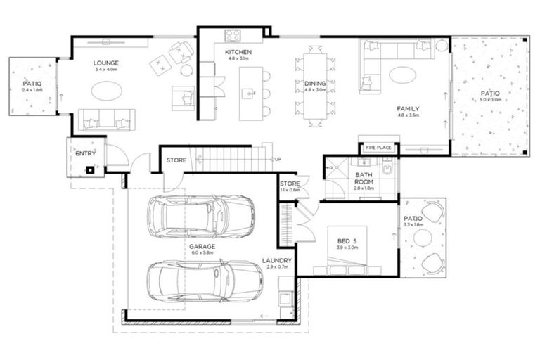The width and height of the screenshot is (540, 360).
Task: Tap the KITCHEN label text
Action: coord(238,53)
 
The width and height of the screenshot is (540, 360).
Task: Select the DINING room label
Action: coord(315,82)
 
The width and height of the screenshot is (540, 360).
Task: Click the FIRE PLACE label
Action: coord(378,148)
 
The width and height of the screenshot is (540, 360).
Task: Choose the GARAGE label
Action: coord(201,247)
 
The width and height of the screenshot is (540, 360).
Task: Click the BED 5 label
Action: coord(347,240)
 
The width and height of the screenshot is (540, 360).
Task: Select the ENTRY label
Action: coord(85,153)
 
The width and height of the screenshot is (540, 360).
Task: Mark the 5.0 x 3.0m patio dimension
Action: coord(491,100)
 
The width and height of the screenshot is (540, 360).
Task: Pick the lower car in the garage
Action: coord(201,281)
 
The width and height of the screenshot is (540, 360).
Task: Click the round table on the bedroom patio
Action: coord(422,238)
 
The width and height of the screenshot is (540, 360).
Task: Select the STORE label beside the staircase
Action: coord(176,160)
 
